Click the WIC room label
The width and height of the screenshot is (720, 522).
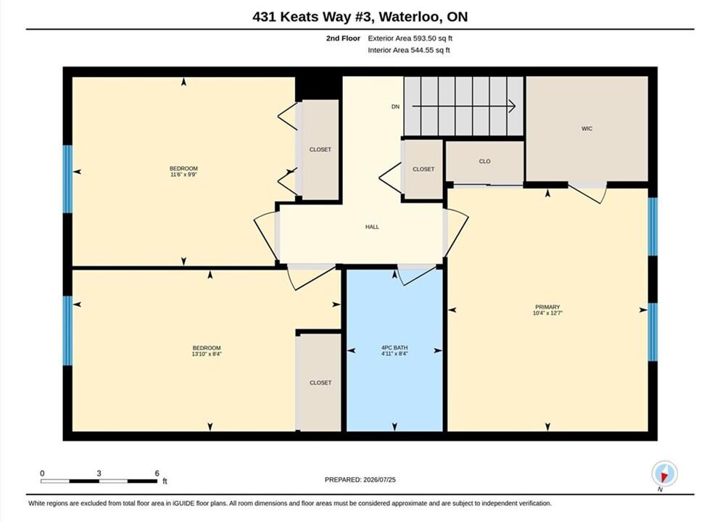(x=587, y=128)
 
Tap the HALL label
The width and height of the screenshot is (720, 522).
(x=372, y=227)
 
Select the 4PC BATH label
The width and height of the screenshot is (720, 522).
(x=394, y=348)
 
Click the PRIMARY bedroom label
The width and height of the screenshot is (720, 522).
(x=547, y=307)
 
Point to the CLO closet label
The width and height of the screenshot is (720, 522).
(x=484, y=162)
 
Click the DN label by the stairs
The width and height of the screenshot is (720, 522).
(x=395, y=107)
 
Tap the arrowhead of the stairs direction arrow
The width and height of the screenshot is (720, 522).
(x=513, y=107)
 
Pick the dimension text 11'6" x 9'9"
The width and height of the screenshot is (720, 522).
(x=183, y=175)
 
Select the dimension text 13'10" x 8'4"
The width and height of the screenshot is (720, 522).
(x=207, y=354)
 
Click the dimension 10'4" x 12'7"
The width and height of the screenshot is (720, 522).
(x=547, y=313)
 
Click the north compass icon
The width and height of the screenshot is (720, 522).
(x=664, y=473)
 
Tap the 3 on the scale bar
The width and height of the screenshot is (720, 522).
(x=99, y=473)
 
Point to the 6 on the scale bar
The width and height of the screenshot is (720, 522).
(x=157, y=473)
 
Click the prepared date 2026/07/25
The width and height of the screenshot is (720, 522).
(x=379, y=480)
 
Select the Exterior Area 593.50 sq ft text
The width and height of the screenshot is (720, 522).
(x=410, y=38)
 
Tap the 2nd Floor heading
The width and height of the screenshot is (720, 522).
(x=343, y=38)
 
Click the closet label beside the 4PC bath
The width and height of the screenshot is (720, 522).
(x=320, y=382)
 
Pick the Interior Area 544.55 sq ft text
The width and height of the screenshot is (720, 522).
(x=409, y=50)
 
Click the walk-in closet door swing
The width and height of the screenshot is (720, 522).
(x=589, y=193)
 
